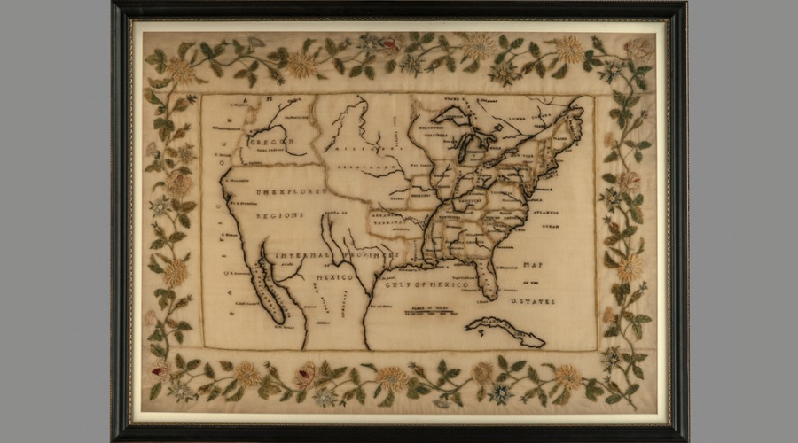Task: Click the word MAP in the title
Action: [534, 263]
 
